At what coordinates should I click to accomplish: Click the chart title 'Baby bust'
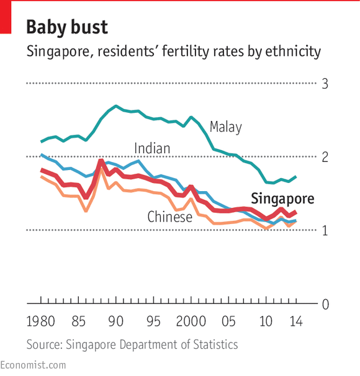pyautogui.click(x=67, y=27)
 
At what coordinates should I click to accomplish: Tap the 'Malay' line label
pyautogui.click(x=225, y=127)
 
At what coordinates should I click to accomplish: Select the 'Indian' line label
pyautogui.click(x=152, y=148)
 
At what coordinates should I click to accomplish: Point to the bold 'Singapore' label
pyautogui.click(x=282, y=199)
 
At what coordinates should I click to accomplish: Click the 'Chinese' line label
pyautogui.click(x=169, y=217)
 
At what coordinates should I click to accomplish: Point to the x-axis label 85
pyautogui.click(x=78, y=323)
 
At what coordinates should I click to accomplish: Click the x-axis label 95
pyautogui.click(x=153, y=323)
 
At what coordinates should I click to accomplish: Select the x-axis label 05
pyautogui.click(x=228, y=323)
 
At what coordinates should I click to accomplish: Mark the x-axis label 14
pyautogui.click(x=295, y=323)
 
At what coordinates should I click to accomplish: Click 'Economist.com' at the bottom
pyautogui.click(x=33, y=365)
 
